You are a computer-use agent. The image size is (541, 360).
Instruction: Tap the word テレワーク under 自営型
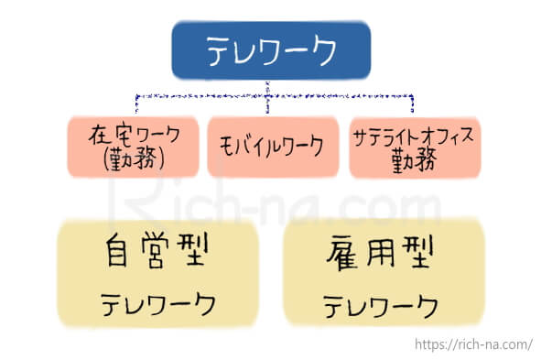157,303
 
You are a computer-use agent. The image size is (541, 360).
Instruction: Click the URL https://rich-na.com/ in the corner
472,344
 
